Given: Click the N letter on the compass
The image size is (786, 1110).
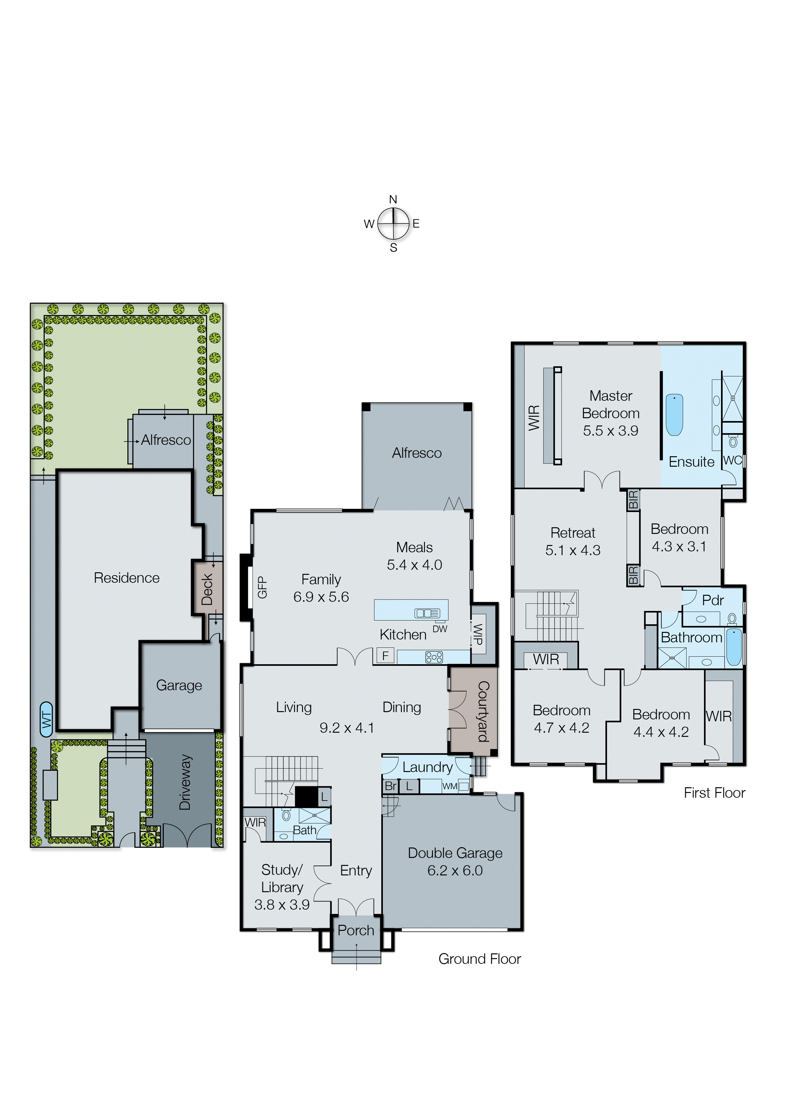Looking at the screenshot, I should [x=393, y=199].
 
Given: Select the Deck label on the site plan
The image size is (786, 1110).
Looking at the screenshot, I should [x=207, y=589].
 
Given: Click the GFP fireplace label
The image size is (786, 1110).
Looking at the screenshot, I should [x=262, y=587].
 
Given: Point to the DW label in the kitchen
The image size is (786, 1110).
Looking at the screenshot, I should [x=440, y=629].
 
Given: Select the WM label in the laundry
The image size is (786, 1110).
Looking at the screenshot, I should [x=450, y=786].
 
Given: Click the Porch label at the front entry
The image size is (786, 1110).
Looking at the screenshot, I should [x=356, y=930].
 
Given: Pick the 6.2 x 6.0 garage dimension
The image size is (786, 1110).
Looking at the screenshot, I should [x=455, y=870].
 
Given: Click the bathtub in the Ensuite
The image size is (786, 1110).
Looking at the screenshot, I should [x=674, y=415].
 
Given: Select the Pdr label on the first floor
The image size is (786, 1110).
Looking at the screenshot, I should [x=712, y=600].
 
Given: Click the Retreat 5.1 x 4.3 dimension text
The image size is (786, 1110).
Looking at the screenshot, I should [x=573, y=550].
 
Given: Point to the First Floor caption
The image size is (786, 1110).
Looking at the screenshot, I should [x=714, y=793].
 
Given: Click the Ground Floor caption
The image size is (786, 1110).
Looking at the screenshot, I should [x=480, y=959].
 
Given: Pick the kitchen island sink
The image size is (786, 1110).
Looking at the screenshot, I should [x=427, y=613].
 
